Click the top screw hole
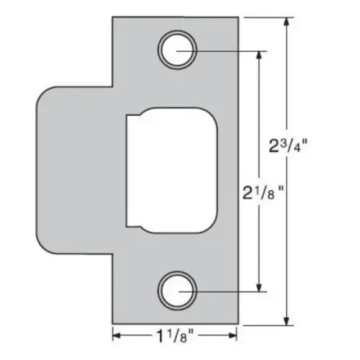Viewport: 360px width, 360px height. pos(176,51)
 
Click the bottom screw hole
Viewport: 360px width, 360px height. pos(176,291)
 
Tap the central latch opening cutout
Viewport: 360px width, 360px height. pos(170,171)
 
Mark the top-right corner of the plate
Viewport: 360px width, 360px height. pos(239,17)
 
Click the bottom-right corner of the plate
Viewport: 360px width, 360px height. pos(239,325)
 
